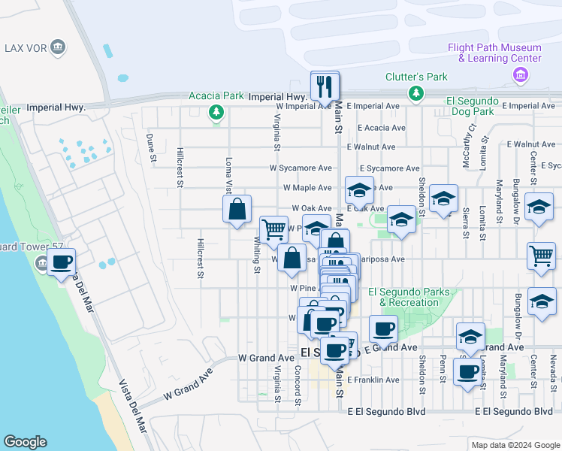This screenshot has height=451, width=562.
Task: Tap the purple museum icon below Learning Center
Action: pyautogui.click(x=518, y=74)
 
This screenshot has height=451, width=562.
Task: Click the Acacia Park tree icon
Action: pyautogui.click(x=216, y=112)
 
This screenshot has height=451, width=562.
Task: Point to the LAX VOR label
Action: pyautogui.click(x=29, y=49)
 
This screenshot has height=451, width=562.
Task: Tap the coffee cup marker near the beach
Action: pyautogui.click(x=62, y=263)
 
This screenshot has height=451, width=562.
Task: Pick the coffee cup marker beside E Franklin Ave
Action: pyautogui.click(x=467, y=371)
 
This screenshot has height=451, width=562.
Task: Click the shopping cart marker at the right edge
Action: pyautogui.click(x=541, y=256)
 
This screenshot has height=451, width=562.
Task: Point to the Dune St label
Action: pyautogui.click(x=150, y=147)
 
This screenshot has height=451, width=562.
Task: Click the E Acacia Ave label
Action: pyautogui.click(x=382, y=128)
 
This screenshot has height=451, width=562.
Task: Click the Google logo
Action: pyautogui.click(x=25, y=442)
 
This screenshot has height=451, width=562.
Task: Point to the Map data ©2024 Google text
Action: pyautogui.click(x=515, y=445)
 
